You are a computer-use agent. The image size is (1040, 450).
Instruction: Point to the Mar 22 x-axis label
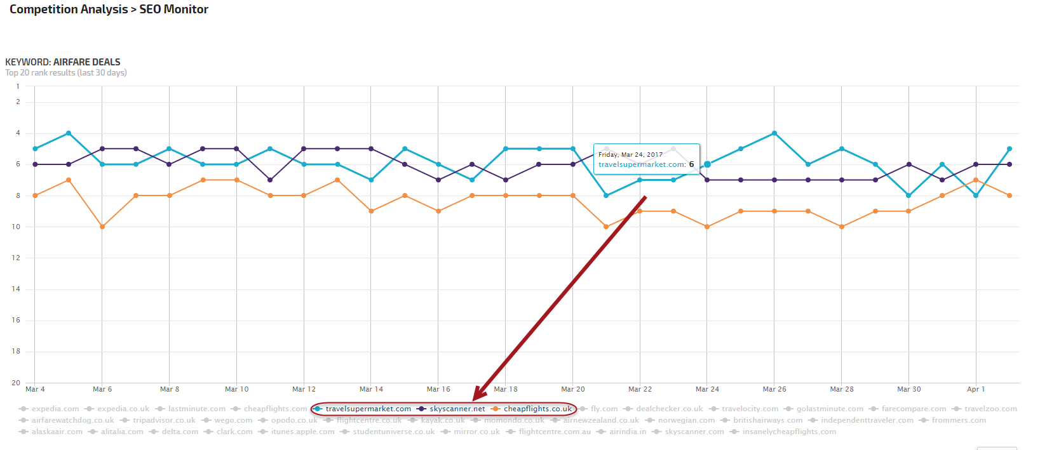tap(640, 389)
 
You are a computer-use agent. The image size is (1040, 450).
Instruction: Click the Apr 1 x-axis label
tap(976, 389)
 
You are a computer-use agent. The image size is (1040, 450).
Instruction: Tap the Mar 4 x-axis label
tap(35, 389)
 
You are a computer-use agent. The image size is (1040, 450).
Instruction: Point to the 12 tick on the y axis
tap(16, 258)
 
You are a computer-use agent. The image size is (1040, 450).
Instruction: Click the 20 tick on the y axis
tap(16, 383)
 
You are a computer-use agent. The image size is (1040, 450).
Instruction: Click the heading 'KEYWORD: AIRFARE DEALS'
tap(63, 62)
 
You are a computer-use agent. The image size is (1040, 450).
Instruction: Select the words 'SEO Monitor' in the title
tap(174, 10)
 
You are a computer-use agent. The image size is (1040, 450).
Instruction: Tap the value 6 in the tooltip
tap(691, 164)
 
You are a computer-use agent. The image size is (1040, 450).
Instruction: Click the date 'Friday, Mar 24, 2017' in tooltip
tap(630, 154)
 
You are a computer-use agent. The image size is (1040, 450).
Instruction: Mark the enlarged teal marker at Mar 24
tap(707, 164)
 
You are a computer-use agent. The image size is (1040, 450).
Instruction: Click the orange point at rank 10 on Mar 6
tap(102, 227)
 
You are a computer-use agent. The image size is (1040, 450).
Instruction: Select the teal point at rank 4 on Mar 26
tap(774, 133)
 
